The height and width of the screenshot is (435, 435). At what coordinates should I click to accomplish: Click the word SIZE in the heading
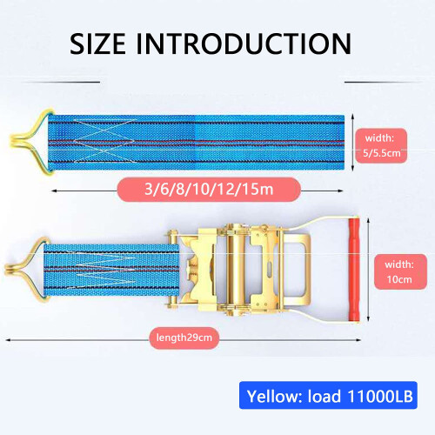(x=97, y=43)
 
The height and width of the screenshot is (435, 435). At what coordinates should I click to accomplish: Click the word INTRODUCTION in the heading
(x=244, y=43)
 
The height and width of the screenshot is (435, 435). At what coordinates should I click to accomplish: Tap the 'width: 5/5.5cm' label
(x=381, y=145)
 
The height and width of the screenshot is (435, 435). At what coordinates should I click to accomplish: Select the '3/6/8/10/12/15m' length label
(x=209, y=190)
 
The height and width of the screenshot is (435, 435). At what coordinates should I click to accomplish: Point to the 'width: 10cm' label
(x=400, y=271)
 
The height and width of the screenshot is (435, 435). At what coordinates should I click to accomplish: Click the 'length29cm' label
(x=184, y=338)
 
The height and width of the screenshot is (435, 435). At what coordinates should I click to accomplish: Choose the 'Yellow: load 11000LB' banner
(x=328, y=395)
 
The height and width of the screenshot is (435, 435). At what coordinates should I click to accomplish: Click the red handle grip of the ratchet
(x=354, y=270)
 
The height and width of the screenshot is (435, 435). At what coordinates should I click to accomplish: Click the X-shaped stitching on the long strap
(x=104, y=141)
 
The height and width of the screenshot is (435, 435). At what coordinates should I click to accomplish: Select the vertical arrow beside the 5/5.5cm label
(x=352, y=142)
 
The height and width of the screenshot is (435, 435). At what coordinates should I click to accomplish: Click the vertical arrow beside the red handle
(x=368, y=270)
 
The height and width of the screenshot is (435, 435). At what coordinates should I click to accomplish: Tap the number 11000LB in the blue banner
(x=380, y=396)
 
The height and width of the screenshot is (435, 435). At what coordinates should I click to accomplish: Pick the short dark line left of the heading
(x=62, y=82)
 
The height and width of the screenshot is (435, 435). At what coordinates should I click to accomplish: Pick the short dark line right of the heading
(x=383, y=82)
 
